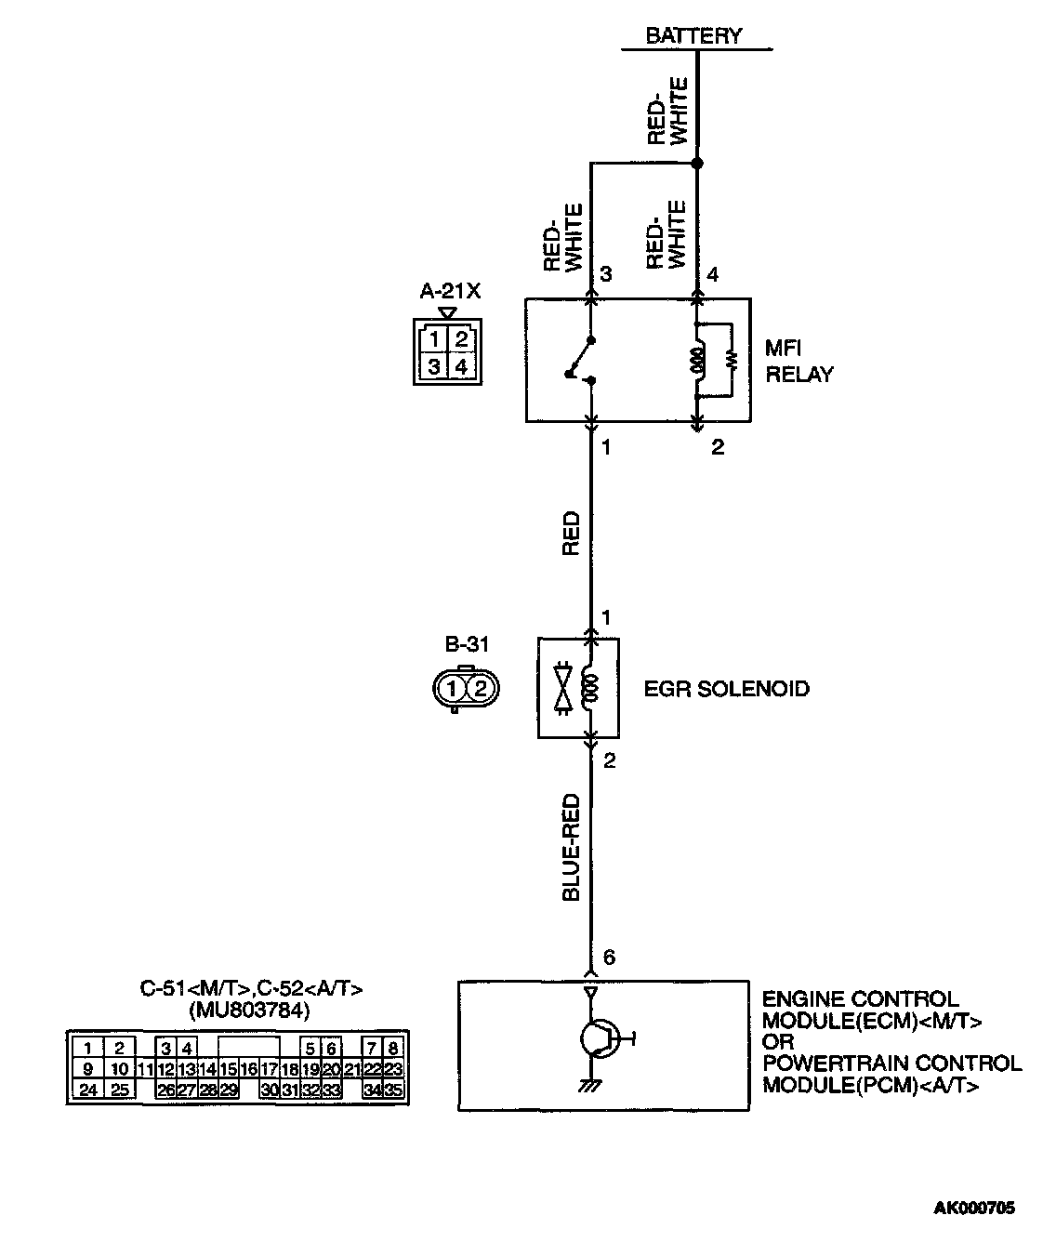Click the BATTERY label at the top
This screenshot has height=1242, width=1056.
693,36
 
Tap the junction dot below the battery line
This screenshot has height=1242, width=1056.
697,164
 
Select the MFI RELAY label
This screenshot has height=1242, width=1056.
798,362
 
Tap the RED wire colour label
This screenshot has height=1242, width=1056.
571,534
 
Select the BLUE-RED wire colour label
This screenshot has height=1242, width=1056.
571,846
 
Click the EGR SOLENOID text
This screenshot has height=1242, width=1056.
726,689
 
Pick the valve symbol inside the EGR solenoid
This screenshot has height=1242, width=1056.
561,689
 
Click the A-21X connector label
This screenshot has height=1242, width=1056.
450,291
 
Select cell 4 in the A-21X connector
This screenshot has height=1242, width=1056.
461,366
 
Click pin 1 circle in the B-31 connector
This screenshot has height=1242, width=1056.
452,689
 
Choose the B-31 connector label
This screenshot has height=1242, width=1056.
467,643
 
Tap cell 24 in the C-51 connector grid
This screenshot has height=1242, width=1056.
87,1090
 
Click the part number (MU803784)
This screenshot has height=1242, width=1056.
249,1010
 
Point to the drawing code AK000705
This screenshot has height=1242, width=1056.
974,1209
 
